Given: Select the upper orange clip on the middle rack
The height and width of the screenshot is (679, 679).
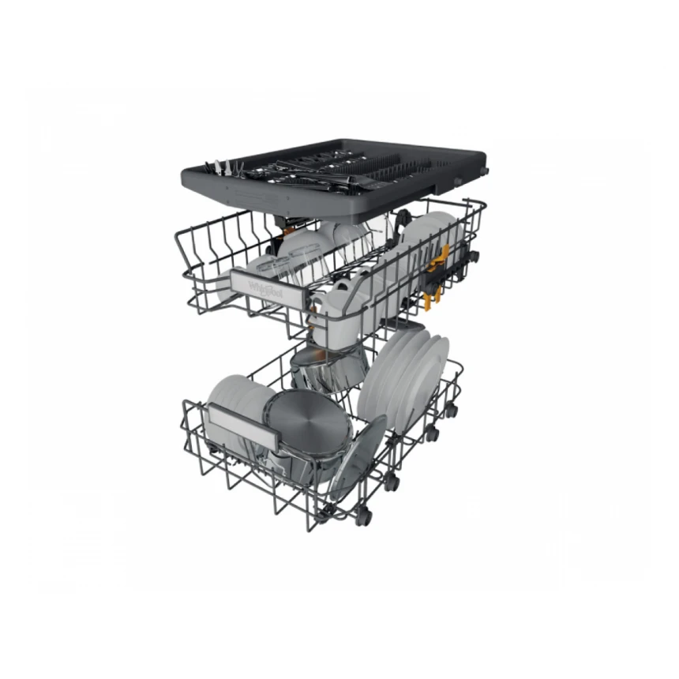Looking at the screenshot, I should coord(445,254).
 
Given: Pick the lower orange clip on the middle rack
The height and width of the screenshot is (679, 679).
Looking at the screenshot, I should coord(430,299).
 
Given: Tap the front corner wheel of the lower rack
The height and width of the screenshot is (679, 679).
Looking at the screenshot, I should coord(362,517).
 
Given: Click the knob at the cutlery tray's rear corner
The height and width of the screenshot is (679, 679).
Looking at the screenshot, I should coord(483,171).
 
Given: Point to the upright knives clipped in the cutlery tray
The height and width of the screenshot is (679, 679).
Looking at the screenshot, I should coord(215,168).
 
